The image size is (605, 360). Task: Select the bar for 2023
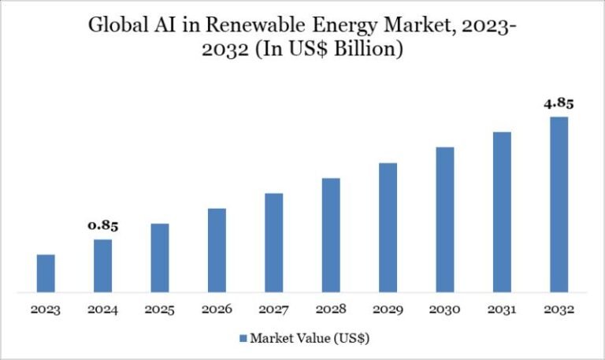pyautogui.click(x=46, y=273)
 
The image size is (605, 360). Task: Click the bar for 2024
pyautogui.click(x=102, y=265)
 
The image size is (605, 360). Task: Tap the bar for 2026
pyautogui.click(x=217, y=251)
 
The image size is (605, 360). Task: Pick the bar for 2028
pyautogui.click(x=331, y=235)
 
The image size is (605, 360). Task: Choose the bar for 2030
pyautogui.click(x=445, y=220)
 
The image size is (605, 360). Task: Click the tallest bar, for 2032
pyautogui.click(x=559, y=205)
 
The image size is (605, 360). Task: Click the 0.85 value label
pyautogui.click(x=102, y=226)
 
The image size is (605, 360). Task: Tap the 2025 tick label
pyautogui.click(x=160, y=310)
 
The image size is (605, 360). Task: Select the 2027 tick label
pyautogui.click(x=273, y=310)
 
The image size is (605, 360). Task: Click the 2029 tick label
pyautogui.click(x=388, y=310)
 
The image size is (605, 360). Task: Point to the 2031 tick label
pyautogui.click(x=502, y=310)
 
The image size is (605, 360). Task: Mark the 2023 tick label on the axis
pyautogui.click(x=46, y=310)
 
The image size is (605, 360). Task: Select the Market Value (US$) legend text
pyautogui.click(x=310, y=340)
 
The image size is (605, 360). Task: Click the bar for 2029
pyautogui.click(x=388, y=228)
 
